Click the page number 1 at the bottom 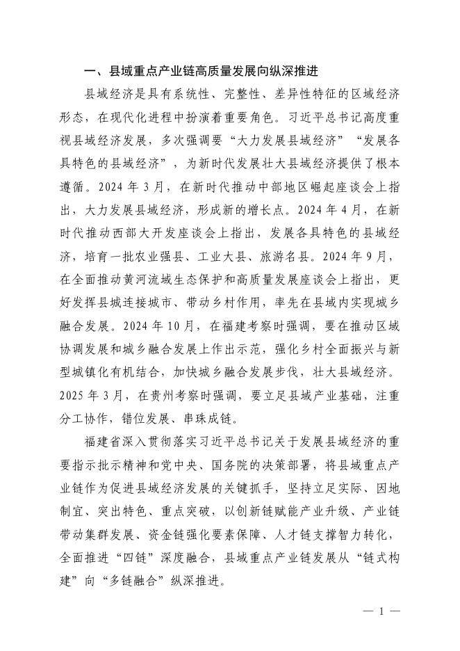[x=381, y=612]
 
